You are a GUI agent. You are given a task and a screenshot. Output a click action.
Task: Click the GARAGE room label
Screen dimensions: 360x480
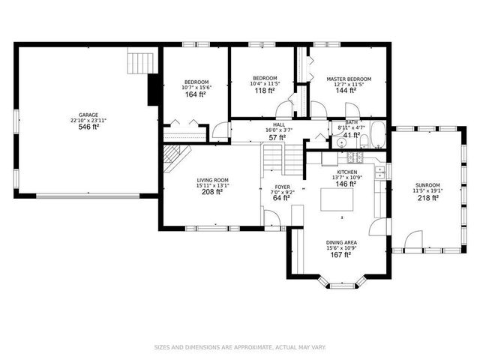[88, 115]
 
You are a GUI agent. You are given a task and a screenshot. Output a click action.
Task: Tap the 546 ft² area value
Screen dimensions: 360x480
[88, 127]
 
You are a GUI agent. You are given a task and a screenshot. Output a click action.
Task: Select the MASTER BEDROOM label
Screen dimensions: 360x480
[348, 79]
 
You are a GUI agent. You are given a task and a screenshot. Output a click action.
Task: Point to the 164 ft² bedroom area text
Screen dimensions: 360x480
[196, 95]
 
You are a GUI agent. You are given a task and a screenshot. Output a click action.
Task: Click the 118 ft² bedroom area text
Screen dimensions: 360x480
[264, 91]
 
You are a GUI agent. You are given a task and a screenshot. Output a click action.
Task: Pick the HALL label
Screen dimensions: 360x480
[278, 124]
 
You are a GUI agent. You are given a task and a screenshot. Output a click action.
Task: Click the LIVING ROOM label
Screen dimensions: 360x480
[212, 181]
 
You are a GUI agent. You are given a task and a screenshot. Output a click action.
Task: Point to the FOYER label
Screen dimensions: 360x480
[282, 186]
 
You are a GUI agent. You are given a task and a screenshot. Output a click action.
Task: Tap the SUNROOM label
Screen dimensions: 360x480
[428, 184]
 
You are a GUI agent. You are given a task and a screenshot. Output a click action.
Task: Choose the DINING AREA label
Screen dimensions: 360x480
[341, 242]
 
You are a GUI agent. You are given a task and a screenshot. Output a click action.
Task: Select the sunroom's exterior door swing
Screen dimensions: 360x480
[412, 241]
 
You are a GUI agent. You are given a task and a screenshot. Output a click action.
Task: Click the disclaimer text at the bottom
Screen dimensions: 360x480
[239, 346]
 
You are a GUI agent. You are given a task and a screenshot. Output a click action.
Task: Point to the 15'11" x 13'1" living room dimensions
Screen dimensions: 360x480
[212, 186]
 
